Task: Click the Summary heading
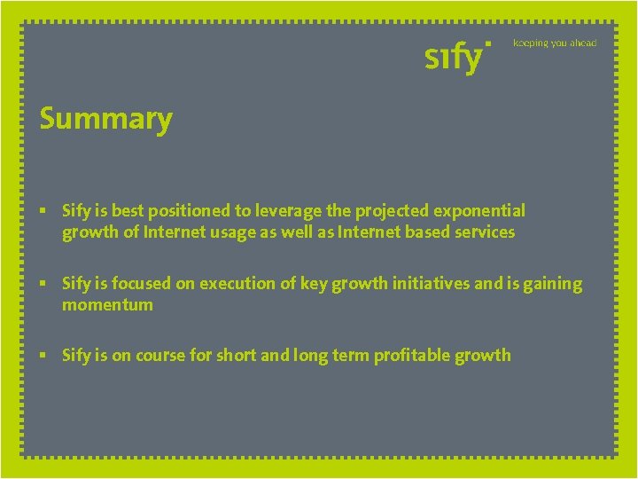tap(105, 119)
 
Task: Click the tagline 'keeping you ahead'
tap(555, 43)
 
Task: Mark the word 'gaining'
tap(551, 284)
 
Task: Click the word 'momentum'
tap(107, 305)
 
